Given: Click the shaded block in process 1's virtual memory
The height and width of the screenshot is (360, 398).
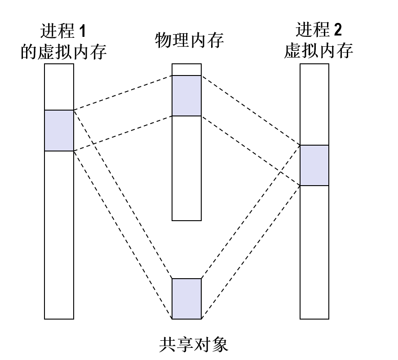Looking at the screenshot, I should (x=59, y=130).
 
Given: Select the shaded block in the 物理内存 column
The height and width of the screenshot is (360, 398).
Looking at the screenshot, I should (x=187, y=96).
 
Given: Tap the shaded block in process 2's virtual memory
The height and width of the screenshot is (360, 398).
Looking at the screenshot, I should (x=314, y=165).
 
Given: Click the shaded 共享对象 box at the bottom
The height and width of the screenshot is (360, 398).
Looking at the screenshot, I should (x=187, y=299).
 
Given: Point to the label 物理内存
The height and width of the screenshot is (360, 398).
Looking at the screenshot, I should (x=189, y=40).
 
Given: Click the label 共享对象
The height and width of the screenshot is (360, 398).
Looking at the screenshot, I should (x=194, y=345).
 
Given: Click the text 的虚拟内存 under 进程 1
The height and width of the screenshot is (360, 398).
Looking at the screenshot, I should (x=64, y=52).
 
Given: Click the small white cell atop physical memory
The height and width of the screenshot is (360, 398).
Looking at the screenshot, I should (x=187, y=70).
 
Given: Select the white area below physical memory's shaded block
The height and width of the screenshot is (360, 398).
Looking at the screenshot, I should (x=187, y=168).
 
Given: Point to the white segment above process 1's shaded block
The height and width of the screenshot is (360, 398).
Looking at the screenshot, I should (x=59, y=87).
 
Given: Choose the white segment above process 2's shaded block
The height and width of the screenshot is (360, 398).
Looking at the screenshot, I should (x=314, y=104).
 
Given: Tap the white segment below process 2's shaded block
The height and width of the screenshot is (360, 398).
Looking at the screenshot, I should (x=314, y=252).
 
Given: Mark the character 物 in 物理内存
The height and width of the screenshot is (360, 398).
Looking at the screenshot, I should (x=164, y=40).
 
